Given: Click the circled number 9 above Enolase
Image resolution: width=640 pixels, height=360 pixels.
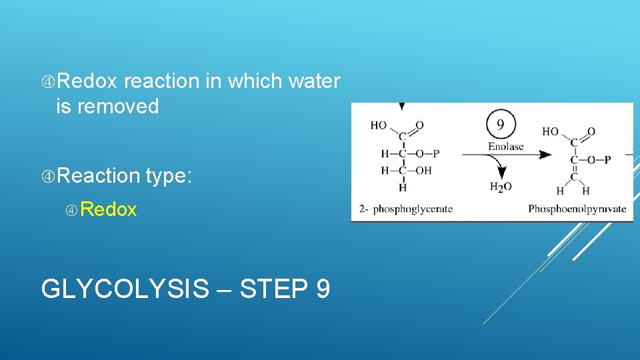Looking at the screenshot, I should pyautogui.click(x=501, y=124).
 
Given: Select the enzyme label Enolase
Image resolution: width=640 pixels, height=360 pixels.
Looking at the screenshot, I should pyautogui.click(x=506, y=147).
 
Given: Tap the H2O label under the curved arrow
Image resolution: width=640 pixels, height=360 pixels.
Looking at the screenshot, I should pyautogui.click(x=501, y=187).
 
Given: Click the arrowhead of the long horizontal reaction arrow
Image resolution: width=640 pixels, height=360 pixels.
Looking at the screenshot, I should pyautogui.click(x=545, y=155).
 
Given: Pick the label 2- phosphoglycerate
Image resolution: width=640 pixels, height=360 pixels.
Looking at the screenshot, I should pyautogui.click(x=405, y=209).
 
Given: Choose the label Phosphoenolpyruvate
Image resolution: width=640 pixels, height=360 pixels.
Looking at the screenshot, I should pyautogui.click(x=577, y=209).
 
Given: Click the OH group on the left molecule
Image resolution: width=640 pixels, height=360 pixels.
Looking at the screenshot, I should pyautogui.click(x=423, y=171).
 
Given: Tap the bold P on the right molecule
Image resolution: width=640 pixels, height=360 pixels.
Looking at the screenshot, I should pyautogui.click(x=608, y=160).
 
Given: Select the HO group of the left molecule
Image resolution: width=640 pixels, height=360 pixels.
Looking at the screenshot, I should pyautogui.click(x=379, y=125).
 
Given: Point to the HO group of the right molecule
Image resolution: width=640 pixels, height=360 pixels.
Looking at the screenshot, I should pyautogui.click(x=551, y=131).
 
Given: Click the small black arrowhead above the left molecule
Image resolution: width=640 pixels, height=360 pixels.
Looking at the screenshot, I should pyautogui.click(x=401, y=106).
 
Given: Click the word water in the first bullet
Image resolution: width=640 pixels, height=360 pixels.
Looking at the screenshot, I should pyautogui.click(x=314, y=81).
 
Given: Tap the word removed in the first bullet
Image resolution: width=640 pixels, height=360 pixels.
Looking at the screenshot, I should pyautogui.click(x=118, y=107).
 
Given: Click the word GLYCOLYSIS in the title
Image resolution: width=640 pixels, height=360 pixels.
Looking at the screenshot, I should pyautogui.click(x=125, y=289).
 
